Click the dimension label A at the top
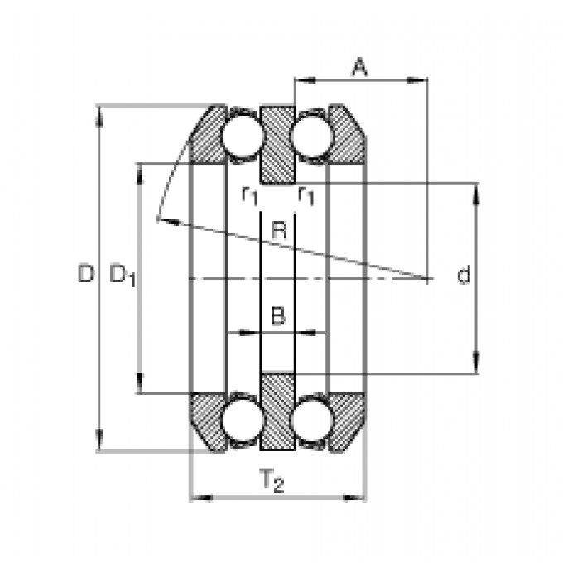pos(360,68)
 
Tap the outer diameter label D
pos(86,273)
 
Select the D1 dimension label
pos(123,276)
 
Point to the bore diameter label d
pos(464,275)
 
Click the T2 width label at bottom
pos(272,480)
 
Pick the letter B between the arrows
pos(278,315)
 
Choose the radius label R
pos(279,230)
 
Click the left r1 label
pos(250,196)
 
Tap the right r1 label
pos(306,196)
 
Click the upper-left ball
pos(242,135)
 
